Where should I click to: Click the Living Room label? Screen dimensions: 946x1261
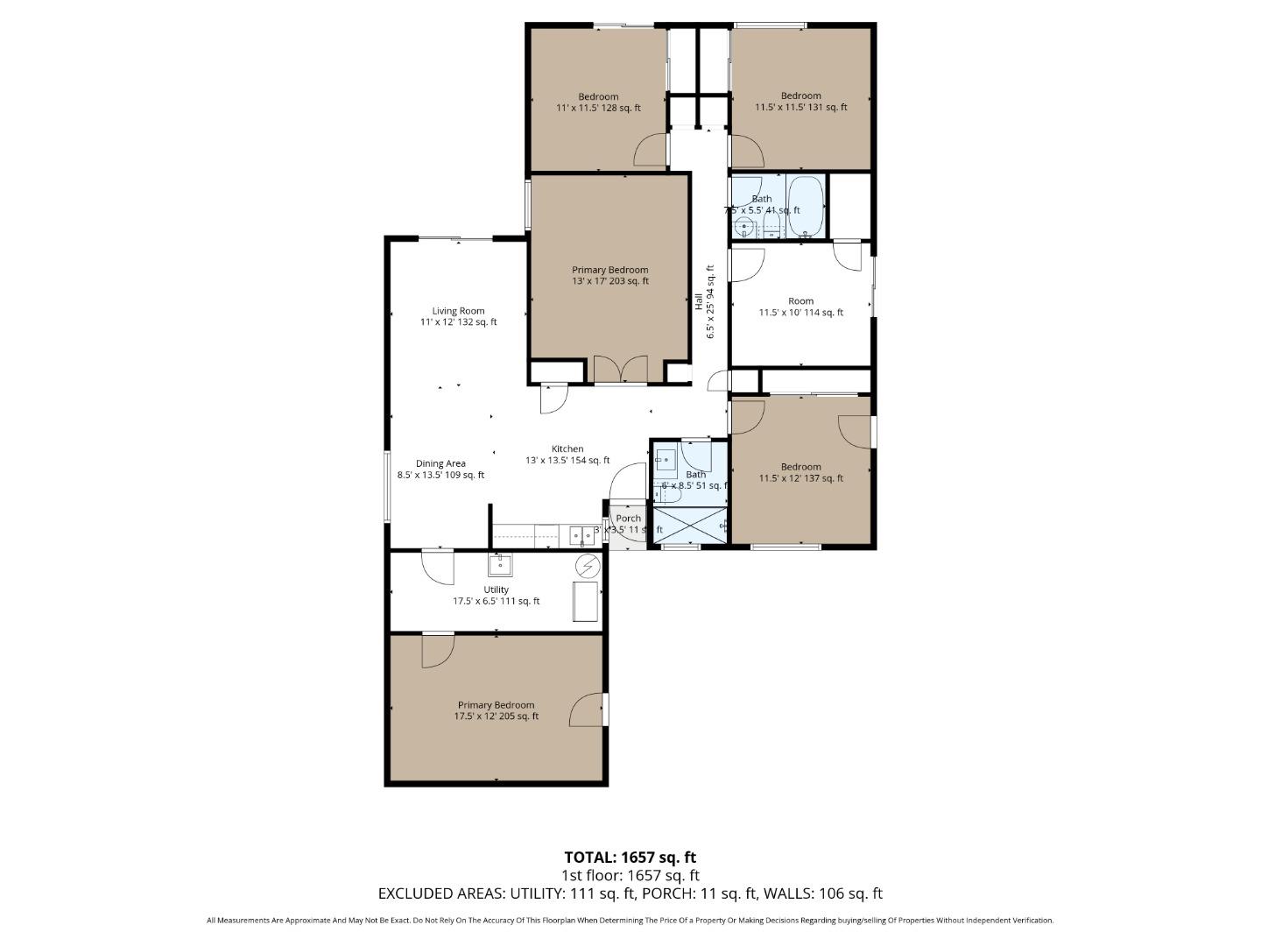(x=458, y=316)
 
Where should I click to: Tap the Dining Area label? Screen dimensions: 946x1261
(x=440, y=469)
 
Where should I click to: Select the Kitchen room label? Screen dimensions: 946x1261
(x=567, y=455)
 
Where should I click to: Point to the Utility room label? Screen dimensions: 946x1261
(x=496, y=596)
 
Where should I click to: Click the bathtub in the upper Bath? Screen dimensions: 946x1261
(x=805, y=207)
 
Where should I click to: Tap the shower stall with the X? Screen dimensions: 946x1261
(x=690, y=526)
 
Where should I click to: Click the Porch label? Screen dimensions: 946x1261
(x=628, y=519)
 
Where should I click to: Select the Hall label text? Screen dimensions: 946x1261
(x=705, y=302)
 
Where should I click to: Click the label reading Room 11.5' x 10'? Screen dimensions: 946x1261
(x=800, y=307)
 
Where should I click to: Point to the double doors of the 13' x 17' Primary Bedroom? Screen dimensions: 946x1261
(x=620, y=370)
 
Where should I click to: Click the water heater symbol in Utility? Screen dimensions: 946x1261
(x=588, y=567)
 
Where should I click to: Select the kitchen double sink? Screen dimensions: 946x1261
(x=581, y=534)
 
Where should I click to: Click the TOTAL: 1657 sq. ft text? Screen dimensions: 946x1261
(x=630, y=858)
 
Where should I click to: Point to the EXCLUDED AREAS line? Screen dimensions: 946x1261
(x=630, y=893)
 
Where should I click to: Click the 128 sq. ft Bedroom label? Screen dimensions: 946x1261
(x=598, y=102)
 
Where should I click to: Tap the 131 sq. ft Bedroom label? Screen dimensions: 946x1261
(x=800, y=102)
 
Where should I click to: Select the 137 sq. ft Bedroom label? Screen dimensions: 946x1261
(x=800, y=472)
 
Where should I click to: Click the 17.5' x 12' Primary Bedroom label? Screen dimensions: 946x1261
(x=496, y=710)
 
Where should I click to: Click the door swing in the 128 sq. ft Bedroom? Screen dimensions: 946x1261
(x=652, y=151)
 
